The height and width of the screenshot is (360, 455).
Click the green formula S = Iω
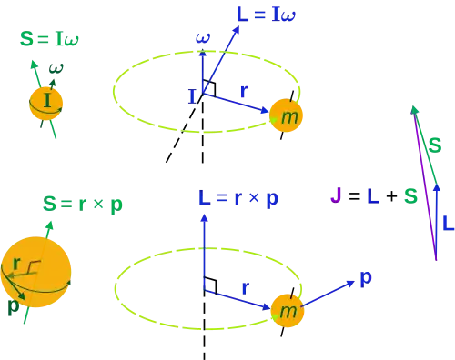49,39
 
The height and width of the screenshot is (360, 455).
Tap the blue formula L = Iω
266,15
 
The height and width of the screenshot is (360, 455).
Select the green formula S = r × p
83,205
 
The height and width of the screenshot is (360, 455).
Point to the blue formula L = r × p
238,199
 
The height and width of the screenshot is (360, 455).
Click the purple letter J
336,195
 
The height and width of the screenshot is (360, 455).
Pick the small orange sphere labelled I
45,104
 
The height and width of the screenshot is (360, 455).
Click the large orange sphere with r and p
35,272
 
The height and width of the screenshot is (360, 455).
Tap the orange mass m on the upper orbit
286,115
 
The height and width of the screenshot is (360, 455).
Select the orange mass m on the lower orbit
288,311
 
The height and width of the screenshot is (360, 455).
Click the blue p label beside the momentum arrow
366,277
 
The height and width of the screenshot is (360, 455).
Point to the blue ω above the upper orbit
203,37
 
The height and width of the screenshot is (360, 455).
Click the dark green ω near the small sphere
56,68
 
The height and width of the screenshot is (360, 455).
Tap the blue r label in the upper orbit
244,91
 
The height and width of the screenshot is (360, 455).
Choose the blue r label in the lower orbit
246,288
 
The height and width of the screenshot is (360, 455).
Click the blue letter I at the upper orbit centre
192,96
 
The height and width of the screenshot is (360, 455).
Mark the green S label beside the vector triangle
435,145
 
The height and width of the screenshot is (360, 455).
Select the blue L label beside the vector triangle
448,224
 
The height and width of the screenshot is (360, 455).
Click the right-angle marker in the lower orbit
210,285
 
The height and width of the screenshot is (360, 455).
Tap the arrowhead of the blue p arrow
351,284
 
